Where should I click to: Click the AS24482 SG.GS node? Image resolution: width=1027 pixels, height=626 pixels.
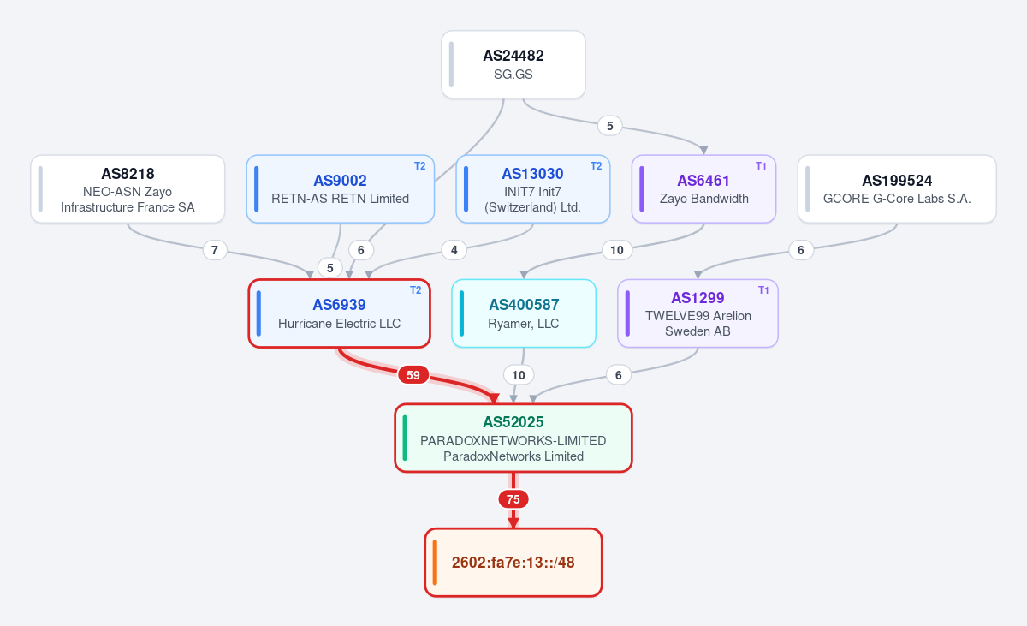(513, 64)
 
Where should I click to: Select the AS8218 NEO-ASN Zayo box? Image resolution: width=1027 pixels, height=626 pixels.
(128, 189)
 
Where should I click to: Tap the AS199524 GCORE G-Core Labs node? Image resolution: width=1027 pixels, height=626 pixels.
(897, 189)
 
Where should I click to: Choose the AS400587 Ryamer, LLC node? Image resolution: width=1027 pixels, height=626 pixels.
(524, 313)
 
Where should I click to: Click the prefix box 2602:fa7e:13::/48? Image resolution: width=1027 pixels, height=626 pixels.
(513, 563)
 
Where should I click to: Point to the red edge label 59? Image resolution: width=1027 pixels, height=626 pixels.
(413, 375)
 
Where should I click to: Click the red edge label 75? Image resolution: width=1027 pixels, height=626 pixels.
(513, 499)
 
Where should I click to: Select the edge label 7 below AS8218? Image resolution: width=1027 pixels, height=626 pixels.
(215, 250)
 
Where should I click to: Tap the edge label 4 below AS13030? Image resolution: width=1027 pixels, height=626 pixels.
(454, 250)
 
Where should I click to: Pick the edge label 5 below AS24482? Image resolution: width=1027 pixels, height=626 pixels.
(609, 126)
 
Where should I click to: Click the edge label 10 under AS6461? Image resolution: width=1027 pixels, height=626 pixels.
(617, 250)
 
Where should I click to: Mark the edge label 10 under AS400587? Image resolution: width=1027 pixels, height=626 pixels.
(519, 375)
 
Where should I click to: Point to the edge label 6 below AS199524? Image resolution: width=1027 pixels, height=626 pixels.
(801, 250)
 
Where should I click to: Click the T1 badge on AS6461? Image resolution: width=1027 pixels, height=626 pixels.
(761, 166)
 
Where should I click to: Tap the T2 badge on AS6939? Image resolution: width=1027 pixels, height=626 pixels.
(415, 290)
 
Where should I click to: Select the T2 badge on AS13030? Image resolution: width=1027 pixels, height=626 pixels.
(596, 166)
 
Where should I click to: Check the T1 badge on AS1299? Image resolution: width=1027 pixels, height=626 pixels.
(763, 290)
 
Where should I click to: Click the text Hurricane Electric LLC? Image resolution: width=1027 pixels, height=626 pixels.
(339, 324)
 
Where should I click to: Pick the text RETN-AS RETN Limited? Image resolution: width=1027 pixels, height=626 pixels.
(341, 199)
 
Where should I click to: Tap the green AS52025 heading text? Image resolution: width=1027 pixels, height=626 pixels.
(513, 422)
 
